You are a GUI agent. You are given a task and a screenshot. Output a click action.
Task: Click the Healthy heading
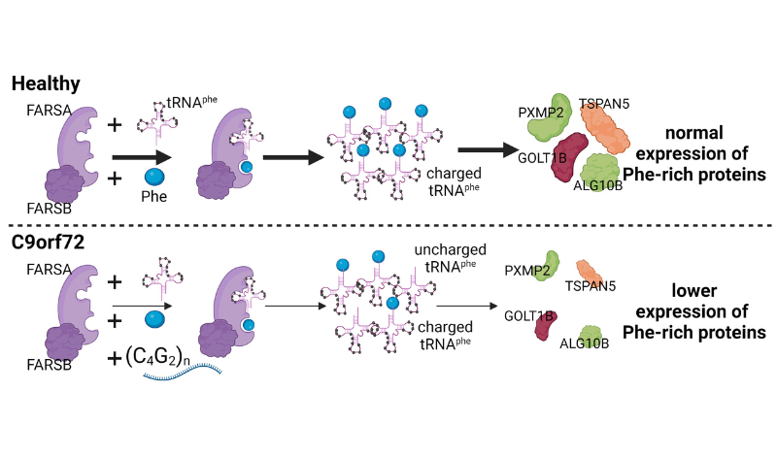tap(46, 83)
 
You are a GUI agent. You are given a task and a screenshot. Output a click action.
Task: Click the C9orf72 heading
tap(48, 243)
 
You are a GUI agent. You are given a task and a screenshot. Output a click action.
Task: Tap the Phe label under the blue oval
tap(153, 197)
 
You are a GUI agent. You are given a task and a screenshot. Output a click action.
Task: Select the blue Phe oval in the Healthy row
tap(154, 177)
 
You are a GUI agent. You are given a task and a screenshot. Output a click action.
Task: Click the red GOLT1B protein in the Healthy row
tap(568, 157)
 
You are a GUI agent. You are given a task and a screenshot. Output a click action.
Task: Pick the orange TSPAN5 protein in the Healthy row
tap(604, 128)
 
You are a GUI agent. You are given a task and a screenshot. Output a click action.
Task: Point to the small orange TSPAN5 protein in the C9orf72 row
tap(590, 273)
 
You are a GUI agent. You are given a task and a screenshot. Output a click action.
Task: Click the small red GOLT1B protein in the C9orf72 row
tap(545, 325)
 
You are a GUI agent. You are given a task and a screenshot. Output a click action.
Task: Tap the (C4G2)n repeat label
tap(157, 357)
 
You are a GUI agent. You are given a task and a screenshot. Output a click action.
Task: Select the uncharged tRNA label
tap(450, 258)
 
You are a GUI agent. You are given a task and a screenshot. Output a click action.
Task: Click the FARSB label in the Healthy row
tap(50, 209)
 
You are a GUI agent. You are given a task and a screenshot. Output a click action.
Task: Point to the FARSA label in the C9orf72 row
tap(50, 270)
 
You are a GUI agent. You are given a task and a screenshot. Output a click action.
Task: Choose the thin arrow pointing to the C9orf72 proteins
tap(467, 306)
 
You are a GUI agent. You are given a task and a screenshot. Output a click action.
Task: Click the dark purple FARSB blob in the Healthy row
tap(64, 184)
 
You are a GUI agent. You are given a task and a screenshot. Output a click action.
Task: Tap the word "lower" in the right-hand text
tap(693, 291)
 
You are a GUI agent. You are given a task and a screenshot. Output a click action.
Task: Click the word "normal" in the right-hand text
tap(694, 133)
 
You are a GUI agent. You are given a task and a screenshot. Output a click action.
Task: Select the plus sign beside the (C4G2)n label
tap(115, 358)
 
